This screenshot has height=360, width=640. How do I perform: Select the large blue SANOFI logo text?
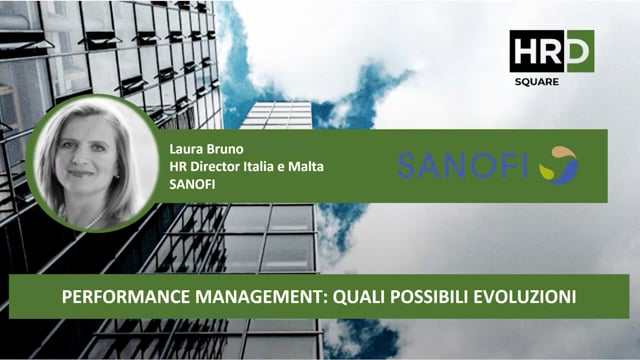coord(463,165)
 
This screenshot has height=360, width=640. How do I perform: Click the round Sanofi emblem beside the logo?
coord(558,165)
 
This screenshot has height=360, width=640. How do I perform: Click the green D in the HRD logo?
coord(580,50)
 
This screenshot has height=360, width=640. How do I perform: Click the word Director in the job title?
coord(212,165)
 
